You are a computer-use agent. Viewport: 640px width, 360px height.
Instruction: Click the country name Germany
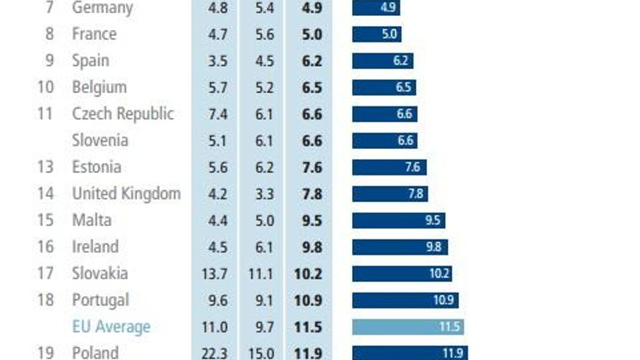(x=102, y=8)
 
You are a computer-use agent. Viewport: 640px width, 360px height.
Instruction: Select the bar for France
(x=377, y=34)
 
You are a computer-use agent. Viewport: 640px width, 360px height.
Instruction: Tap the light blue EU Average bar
(x=408, y=327)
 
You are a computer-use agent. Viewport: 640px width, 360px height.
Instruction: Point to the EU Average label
(x=111, y=327)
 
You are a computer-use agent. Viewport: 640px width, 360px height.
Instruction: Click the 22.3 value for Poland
(x=217, y=353)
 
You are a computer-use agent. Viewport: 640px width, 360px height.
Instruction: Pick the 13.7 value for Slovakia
(x=217, y=273)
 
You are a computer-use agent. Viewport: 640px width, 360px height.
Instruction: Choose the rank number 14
(x=46, y=194)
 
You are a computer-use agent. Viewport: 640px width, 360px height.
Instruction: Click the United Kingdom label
(x=126, y=194)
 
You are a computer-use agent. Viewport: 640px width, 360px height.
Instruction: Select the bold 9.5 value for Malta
(x=312, y=220)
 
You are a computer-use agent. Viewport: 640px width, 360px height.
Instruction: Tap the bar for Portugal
(x=405, y=300)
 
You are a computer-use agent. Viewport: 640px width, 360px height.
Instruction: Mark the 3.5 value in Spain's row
(x=217, y=61)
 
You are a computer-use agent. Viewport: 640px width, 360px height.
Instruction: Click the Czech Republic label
(x=123, y=114)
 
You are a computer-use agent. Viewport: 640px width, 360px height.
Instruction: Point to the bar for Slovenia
(x=385, y=141)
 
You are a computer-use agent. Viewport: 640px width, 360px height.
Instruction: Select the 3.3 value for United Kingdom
(x=264, y=194)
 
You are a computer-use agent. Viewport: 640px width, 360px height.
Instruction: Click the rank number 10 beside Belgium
(x=46, y=87)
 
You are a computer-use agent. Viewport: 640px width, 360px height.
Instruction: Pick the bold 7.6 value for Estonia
(x=312, y=167)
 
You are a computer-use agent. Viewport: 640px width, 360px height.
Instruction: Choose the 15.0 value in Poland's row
(x=264, y=353)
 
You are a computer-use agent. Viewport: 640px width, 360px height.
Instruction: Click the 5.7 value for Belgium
(x=217, y=87)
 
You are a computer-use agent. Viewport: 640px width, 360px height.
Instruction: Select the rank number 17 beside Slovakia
(x=46, y=273)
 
